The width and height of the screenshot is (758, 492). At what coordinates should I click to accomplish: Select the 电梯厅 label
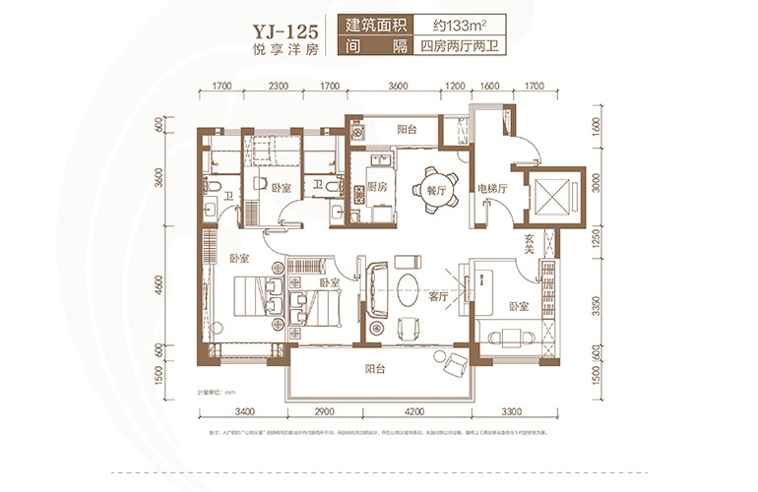pos(492,189)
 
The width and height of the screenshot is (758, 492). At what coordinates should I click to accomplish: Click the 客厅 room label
pos(438,295)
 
